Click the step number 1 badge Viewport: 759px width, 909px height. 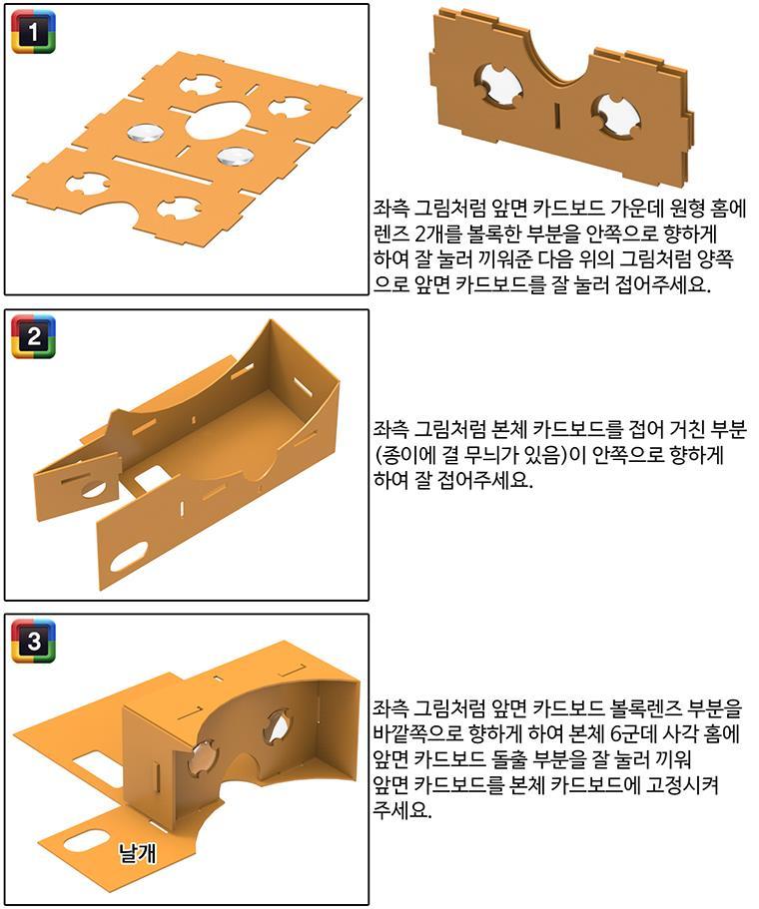click(34, 31)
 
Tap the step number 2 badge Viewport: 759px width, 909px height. click(34, 336)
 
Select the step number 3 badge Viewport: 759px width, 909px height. click(34, 642)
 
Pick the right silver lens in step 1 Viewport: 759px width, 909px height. click(235, 156)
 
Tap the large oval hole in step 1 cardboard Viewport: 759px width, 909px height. click(218, 120)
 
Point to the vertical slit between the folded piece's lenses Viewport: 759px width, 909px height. click(557, 114)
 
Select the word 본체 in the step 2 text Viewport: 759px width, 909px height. click(509, 430)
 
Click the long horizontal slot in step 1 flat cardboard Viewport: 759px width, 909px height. click(161, 169)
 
